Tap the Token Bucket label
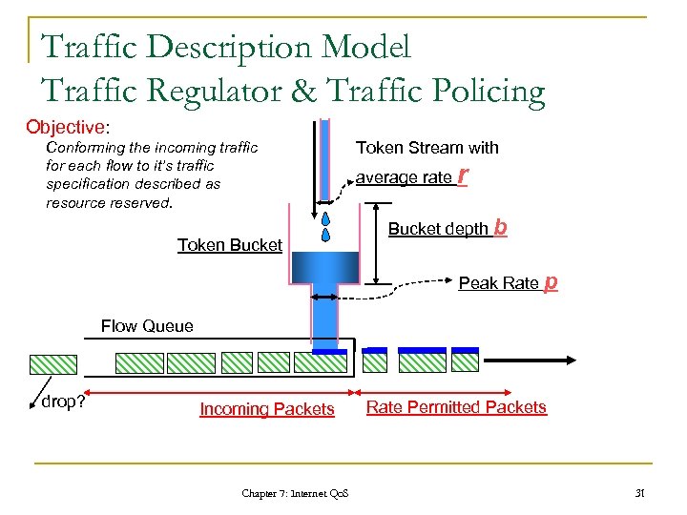pyautogui.click(x=230, y=245)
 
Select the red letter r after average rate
pyautogui.click(x=463, y=175)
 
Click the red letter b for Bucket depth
pyautogui.click(x=501, y=228)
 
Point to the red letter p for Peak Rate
pyautogui.click(x=551, y=282)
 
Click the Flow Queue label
pyautogui.click(x=147, y=326)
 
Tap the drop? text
pyautogui.click(x=63, y=402)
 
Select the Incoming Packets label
pyautogui.click(x=267, y=409)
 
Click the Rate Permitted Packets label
pyautogui.click(x=456, y=407)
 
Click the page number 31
pyautogui.click(x=641, y=492)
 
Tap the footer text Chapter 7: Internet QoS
pyautogui.click(x=295, y=493)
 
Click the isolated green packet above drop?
pyautogui.click(x=53, y=363)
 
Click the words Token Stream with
pyautogui.click(x=427, y=148)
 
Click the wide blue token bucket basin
pyautogui.click(x=324, y=266)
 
